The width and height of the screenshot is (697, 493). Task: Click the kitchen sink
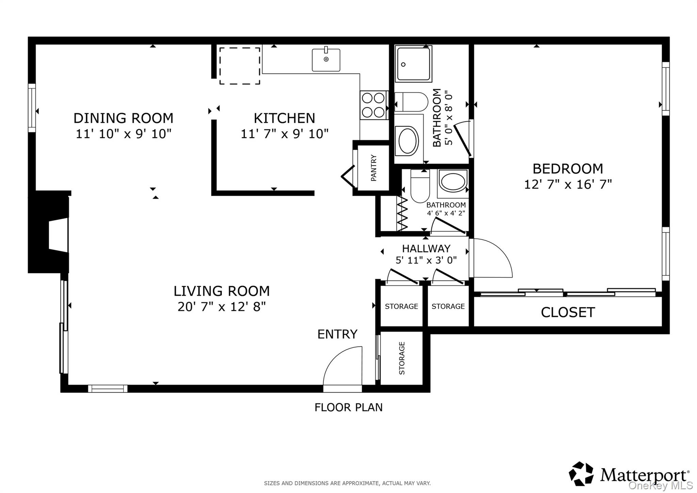click(326, 60)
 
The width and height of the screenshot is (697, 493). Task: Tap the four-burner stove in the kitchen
click(374, 105)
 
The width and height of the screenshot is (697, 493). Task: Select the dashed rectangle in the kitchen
click(240, 66)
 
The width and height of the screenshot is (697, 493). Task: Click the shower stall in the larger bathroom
click(413, 64)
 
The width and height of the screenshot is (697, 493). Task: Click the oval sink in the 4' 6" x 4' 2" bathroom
click(453, 181)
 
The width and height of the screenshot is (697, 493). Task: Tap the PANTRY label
click(374, 168)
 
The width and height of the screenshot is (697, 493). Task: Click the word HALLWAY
click(426, 249)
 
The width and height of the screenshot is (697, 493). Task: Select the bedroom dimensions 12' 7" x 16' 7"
click(568, 185)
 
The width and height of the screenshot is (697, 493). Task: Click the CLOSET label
click(568, 312)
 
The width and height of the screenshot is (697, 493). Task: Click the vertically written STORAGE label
click(402, 358)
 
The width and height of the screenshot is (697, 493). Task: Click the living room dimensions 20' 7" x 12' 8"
click(222, 307)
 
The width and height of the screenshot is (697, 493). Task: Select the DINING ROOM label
click(123, 118)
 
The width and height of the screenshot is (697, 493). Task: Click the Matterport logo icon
click(581, 474)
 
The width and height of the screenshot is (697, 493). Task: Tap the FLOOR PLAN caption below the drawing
click(348, 407)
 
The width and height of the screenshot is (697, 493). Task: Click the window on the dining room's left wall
click(32, 108)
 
